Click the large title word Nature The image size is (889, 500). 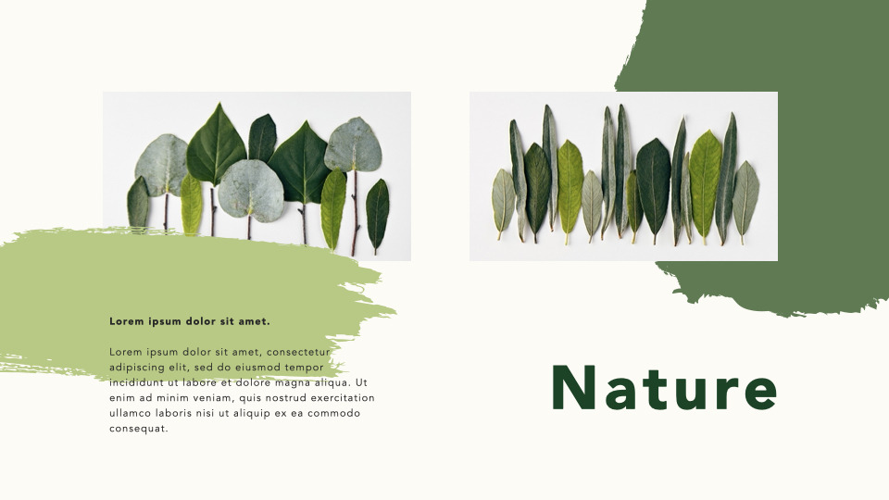click(664, 388)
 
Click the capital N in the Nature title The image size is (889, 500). click(574, 388)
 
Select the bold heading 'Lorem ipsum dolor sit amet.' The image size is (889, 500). click(190, 321)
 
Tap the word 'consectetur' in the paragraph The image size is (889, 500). click(299, 352)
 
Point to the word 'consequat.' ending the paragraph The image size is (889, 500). click(139, 429)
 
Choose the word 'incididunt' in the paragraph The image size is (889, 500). click(136, 382)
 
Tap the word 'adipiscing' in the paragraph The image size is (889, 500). click(137, 368)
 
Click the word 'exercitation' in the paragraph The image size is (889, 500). click(339, 398)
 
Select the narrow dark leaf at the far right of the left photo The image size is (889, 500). click(377, 213)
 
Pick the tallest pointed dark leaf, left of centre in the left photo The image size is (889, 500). click(216, 145)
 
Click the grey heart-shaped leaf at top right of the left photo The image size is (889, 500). click(353, 144)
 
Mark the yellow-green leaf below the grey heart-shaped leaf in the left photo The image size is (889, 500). click(332, 209)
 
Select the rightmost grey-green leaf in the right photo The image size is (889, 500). click(745, 198)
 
